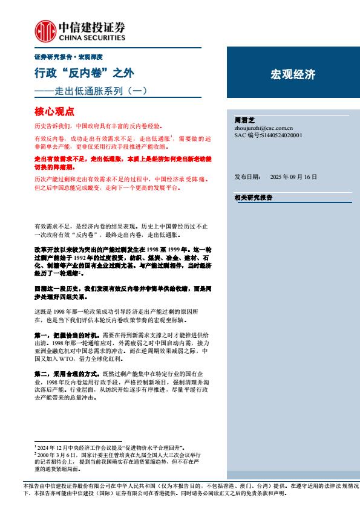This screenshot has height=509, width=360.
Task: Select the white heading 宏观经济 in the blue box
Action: (x=292, y=75)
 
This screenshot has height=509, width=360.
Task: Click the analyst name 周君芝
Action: (x=245, y=120)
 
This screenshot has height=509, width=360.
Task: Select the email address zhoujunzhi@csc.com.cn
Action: (x=263, y=128)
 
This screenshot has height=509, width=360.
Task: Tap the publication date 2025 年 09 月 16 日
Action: (x=293, y=177)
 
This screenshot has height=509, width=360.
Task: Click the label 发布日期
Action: (x=247, y=177)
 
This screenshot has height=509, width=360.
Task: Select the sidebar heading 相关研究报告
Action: (x=253, y=198)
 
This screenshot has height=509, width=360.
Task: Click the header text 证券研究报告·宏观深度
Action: (x=68, y=57)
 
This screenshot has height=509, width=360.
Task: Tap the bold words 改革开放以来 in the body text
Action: (x=51, y=248)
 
